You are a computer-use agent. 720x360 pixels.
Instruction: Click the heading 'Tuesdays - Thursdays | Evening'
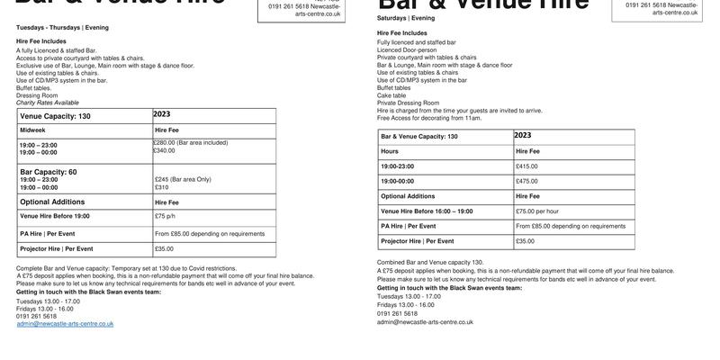[62, 28]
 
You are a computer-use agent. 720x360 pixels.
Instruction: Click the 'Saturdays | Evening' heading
[406, 18]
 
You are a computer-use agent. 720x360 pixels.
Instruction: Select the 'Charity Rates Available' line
[48, 103]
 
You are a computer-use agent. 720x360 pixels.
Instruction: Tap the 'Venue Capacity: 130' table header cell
[55, 116]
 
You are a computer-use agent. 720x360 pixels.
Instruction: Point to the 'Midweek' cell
[32, 130]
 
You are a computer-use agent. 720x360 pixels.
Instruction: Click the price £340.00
[164, 151]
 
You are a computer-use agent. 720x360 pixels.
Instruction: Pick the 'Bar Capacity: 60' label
[49, 172]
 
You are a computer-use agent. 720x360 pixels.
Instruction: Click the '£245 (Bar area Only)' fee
[183, 179]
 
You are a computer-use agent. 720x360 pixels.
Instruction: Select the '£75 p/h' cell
[165, 216]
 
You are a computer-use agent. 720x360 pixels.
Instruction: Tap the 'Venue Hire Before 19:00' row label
[55, 216]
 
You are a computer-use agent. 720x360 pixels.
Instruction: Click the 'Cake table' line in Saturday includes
[391, 95]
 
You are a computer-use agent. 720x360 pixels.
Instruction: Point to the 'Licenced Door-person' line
[407, 50]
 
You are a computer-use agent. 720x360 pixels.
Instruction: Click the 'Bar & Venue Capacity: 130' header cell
[419, 137]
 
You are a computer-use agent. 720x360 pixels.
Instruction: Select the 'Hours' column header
[390, 151]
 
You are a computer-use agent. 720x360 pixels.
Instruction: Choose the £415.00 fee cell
[526, 166]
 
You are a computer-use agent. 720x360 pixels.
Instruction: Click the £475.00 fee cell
[526, 181]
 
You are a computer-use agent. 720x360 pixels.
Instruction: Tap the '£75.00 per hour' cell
[537, 211]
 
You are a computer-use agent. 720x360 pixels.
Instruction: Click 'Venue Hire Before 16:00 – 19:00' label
[427, 211]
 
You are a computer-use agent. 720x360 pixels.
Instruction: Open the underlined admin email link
[65, 324]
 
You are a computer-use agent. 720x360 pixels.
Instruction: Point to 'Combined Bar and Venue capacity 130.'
[430, 263]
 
